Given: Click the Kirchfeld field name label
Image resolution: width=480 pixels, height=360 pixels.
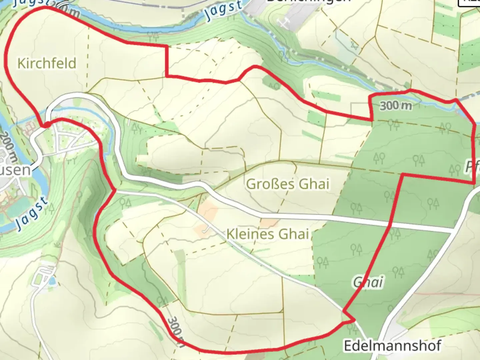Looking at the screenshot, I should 47,63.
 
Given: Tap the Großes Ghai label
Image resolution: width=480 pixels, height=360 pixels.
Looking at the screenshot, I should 288,184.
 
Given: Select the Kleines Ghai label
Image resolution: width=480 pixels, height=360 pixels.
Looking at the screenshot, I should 267,234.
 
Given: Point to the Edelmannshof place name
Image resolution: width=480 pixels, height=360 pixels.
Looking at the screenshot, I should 392,346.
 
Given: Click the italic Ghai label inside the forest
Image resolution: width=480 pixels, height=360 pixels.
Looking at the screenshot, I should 368,282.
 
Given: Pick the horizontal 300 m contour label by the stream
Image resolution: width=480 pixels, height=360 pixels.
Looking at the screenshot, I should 396,106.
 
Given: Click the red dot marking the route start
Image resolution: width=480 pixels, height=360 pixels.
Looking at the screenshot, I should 47,124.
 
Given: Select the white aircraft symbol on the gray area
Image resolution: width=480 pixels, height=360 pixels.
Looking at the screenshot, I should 284,23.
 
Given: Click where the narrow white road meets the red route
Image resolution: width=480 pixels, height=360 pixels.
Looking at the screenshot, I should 115,191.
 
